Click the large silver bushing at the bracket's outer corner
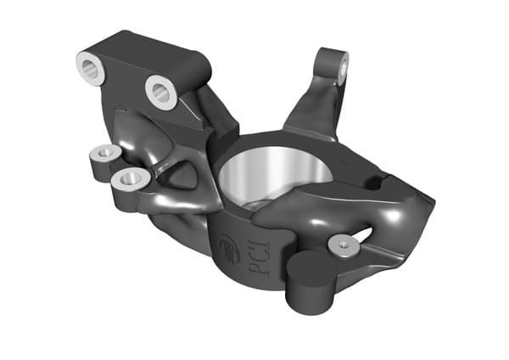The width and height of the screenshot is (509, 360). tap(92, 69)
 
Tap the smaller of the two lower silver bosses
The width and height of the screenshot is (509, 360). tap(105, 152)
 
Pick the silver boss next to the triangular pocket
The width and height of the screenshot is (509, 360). tap(131, 179)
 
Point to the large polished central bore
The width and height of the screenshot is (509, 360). tap(275, 176)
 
